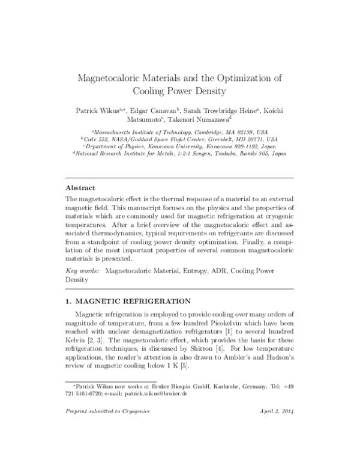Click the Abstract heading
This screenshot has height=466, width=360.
click(82, 187)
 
